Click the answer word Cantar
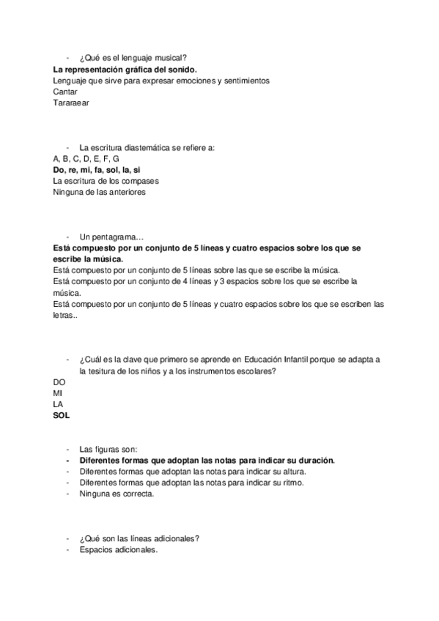pyautogui.click(x=65, y=92)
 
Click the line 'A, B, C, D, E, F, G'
pyautogui.click(x=86, y=158)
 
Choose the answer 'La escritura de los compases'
pyautogui.click(x=106, y=181)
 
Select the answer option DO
pyautogui.click(x=59, y=382)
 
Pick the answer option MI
pyautogui.click(x=58, y=393)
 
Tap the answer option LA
pyautogui.click(x=59, y=404)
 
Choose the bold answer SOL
pyautogui.click(x=61, y=416)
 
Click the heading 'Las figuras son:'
pyautogui.click(x=110, y=449)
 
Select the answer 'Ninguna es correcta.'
pyautogui.click(x=117, y=494)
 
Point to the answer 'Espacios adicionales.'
pyautogui.click(x=119, y=550)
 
